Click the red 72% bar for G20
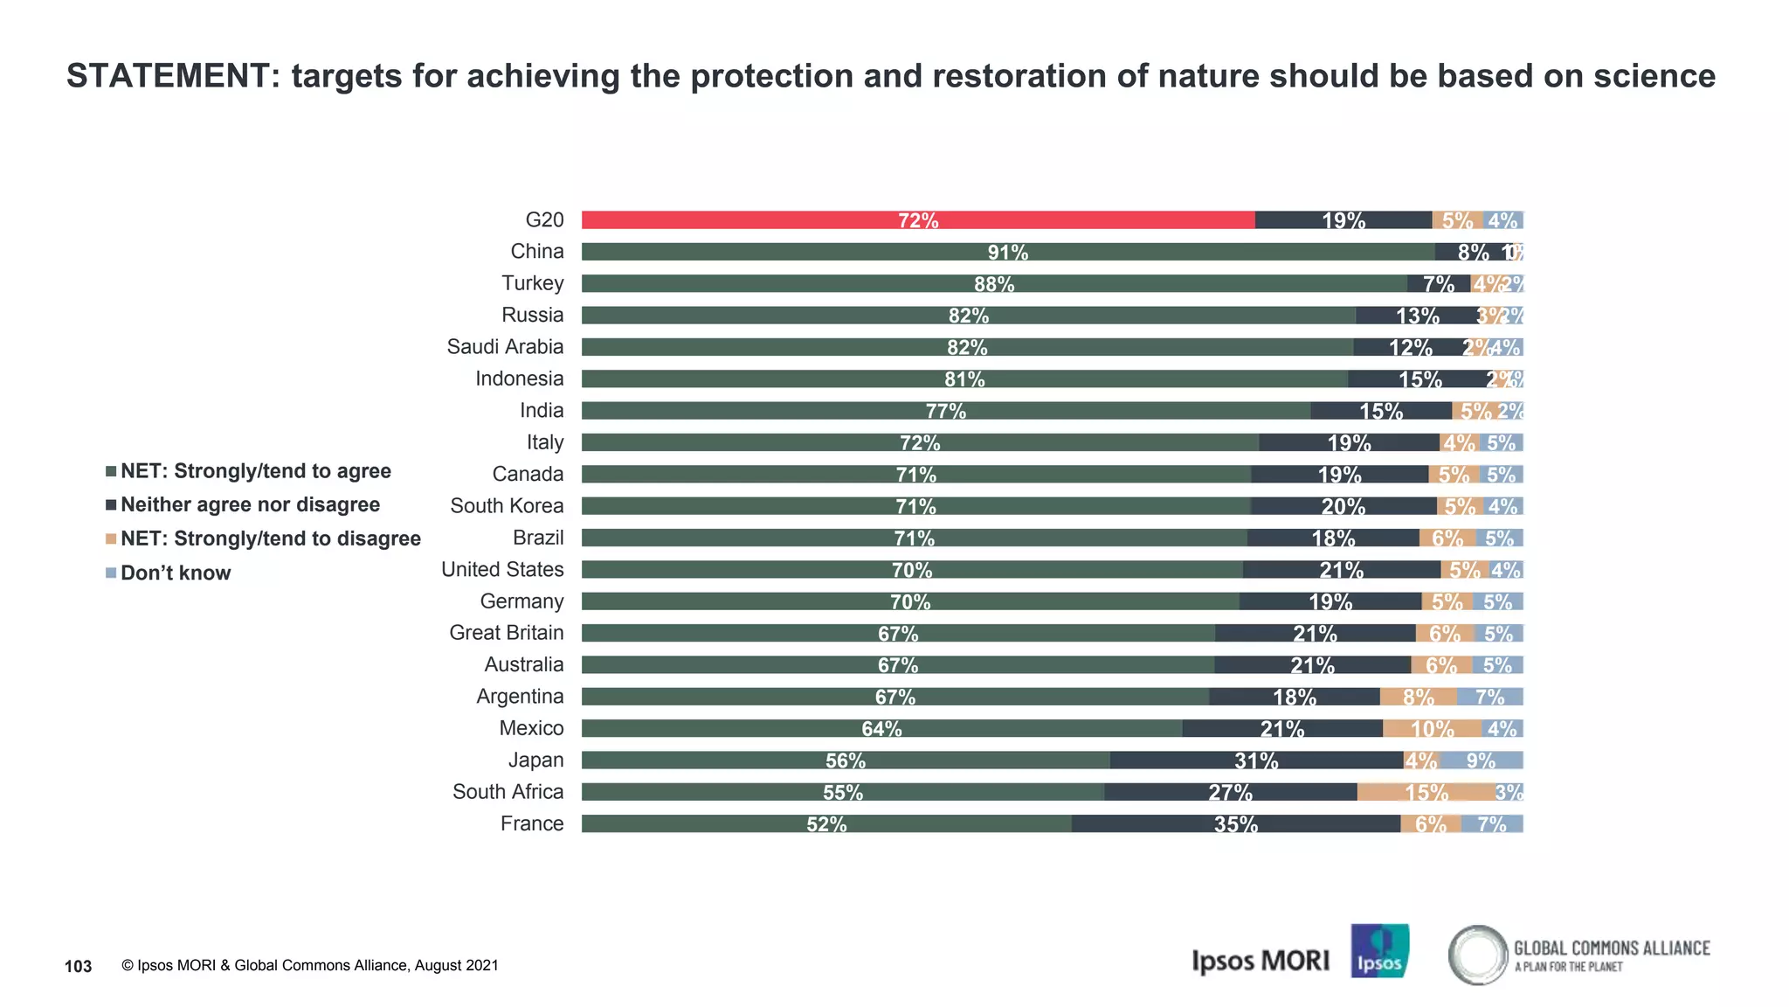click(917, 220)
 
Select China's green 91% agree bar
click(1007, 252)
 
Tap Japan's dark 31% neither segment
click(1256, 760)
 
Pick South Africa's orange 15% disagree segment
click(1426, 792)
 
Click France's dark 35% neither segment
click(1235, 823)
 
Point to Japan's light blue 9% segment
click(1482, 760)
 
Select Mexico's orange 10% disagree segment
click(1432, 728)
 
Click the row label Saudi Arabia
click(505, 347)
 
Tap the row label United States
click(502, 569)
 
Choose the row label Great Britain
click(506, 633)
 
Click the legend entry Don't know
click(175, 573)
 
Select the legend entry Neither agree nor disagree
click(250, 505)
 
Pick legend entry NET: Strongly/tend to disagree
click(270, 538)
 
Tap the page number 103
click(79, 966)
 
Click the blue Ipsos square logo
click(1379, 951)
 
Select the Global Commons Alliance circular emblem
click(1478, 955)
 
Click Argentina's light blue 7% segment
click(1489, 697)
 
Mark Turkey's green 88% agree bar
click(993, 284)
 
